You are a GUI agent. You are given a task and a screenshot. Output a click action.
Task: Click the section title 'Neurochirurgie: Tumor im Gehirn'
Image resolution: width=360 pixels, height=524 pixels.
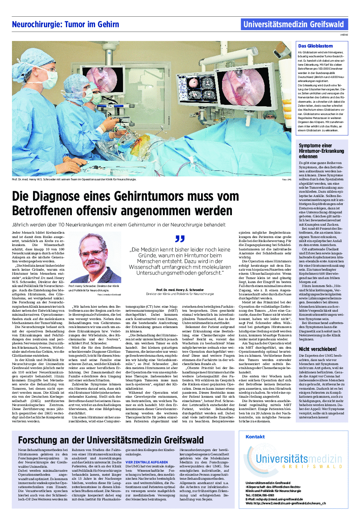tap(65, 25)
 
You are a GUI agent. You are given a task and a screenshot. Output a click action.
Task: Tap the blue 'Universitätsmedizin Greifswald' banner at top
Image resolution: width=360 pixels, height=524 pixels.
tap(294, 24)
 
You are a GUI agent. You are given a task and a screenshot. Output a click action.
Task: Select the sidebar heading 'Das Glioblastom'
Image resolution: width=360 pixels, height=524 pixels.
tap(315, 46)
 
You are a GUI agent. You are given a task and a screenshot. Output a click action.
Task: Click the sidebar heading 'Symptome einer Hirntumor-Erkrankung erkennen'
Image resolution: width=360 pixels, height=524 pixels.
tap(321, 151)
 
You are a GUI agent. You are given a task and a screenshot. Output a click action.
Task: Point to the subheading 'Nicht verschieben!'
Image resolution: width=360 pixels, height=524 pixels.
tap(318, 349)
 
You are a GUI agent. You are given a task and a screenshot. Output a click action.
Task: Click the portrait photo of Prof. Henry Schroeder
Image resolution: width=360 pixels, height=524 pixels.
tap(95, 257)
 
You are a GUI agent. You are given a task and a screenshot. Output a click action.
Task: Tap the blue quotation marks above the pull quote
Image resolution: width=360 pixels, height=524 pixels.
tap(180, 239)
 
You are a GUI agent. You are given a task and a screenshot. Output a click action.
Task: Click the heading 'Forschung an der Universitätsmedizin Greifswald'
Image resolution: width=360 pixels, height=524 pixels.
tap(111, 440)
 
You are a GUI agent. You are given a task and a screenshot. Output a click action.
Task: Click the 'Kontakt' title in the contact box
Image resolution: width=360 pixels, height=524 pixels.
tap(255, 437)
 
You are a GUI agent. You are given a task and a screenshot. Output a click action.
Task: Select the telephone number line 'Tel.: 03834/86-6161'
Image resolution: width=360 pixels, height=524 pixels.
tap(260, 495)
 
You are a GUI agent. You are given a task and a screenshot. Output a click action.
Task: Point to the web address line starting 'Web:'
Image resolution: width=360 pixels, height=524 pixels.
tap(286, 503)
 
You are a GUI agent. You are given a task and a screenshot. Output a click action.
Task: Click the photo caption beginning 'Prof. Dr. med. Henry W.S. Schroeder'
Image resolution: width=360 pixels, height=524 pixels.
tap(74, 179)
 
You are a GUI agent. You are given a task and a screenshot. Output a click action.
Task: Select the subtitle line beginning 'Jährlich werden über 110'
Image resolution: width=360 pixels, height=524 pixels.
tap(119, 225)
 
